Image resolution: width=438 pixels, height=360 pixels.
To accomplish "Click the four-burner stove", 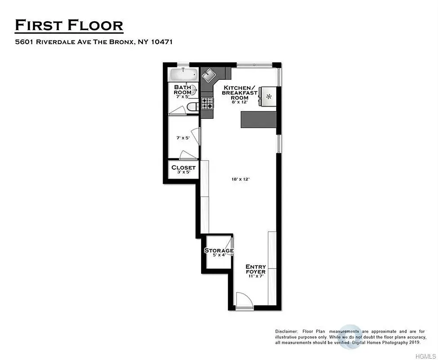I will tap(207, 104).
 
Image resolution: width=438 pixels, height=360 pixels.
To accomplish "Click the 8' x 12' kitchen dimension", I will tap(239, 103).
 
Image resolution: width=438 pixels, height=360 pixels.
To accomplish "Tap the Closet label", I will tap(183, 168).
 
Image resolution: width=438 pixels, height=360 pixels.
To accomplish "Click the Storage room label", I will tap(219, 251).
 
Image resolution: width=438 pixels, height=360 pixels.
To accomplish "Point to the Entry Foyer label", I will tap(255, 269).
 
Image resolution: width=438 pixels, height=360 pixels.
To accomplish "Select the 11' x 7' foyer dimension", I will tap(255, 276).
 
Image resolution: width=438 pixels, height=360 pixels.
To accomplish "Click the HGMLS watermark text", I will tap(422, 355).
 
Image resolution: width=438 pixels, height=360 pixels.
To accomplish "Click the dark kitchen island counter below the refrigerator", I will tap(259, 119).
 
